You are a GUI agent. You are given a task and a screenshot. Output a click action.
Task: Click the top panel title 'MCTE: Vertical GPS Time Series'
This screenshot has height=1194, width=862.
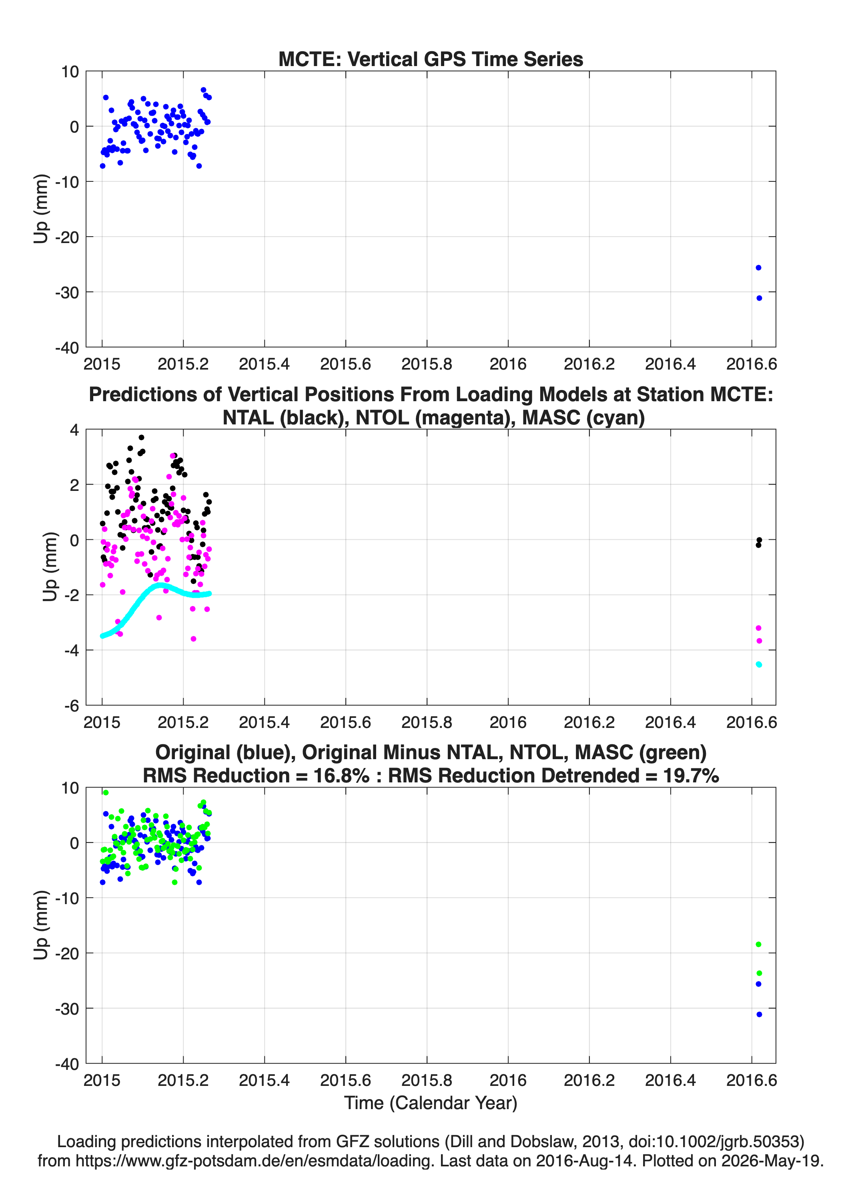pos(431,59)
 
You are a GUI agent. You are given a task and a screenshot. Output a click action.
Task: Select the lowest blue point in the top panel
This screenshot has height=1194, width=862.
pos(759,298)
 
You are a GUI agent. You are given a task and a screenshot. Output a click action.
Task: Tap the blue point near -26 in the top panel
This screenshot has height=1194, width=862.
pos(758,267)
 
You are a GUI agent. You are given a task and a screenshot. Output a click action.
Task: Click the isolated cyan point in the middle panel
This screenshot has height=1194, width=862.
pos(759,664)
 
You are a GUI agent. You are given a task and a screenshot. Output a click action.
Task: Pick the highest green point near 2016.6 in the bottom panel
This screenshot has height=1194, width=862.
pos(758,945)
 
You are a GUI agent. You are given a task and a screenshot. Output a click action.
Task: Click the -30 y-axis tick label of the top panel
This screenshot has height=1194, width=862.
pos(67,292)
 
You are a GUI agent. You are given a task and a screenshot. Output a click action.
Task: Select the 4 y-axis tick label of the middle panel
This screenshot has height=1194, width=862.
pos(74,430)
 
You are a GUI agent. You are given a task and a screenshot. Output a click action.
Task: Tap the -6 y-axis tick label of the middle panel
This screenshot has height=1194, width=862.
pos(72,706)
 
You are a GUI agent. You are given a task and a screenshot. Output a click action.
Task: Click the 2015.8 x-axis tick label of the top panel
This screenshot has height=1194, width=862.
pos(427,364)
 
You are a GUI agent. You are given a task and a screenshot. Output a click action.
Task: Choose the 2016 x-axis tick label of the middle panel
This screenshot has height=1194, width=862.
pos(508,722)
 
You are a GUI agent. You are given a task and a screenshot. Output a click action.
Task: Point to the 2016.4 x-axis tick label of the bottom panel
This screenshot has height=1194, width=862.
pos(670,1080)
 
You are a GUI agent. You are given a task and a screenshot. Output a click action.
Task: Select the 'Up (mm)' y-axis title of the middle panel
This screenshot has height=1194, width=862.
pos(50,567)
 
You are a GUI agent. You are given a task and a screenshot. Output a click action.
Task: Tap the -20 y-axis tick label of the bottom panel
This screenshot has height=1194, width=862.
pos(67,953)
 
